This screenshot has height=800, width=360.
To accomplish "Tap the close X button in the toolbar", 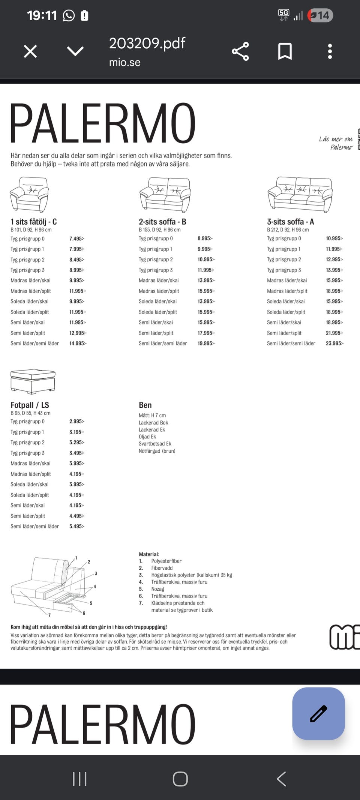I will tap(30, 51).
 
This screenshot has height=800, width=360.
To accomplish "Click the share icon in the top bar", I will tap(240, 51).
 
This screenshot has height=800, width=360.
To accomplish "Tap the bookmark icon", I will tap(285, 51).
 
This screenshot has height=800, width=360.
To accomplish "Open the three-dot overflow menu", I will tap(330, 51).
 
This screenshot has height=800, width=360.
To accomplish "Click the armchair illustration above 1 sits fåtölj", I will tap(29, 194).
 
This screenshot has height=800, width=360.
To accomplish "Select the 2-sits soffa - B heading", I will tap(162, 222).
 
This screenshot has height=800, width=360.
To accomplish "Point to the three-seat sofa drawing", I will tap(300, 194).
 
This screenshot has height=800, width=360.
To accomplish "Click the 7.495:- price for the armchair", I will tap(77, 239).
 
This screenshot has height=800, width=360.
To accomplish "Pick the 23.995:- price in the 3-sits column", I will tap(334, 343).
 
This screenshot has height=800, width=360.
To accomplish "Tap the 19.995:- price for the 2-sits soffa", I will tap(206, 343).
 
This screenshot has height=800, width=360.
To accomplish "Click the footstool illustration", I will tap(33, 381).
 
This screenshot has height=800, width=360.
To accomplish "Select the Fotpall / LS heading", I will tap(30, 405).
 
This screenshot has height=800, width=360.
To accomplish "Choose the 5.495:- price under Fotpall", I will tap(77, 526).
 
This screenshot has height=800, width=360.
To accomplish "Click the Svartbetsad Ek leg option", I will tap(155, 444).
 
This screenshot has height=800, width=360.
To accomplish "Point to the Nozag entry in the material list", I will tap(157, 589).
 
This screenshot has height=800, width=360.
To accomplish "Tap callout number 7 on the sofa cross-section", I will tap(49, 615).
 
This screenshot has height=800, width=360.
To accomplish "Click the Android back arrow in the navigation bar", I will tap(281, 779).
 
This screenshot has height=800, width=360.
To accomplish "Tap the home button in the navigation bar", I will tap(180, 779).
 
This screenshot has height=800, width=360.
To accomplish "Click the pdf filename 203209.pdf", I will tap(147, 44).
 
